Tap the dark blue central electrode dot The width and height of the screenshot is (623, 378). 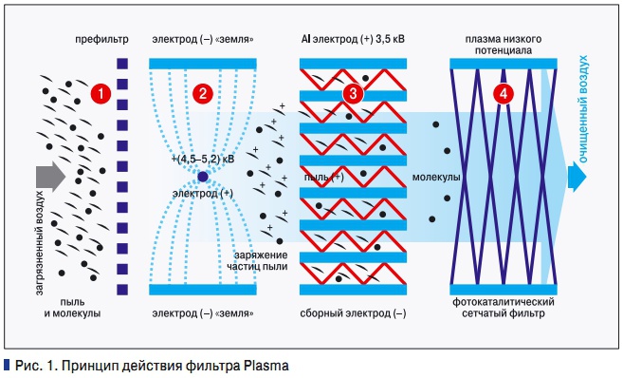(x=202, y=178)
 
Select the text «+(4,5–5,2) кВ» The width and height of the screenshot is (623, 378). (x=201, y=160)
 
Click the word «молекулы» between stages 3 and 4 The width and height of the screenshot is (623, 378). (x=437, y=178)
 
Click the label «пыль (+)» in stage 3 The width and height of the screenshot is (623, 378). (x=324, y=178)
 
